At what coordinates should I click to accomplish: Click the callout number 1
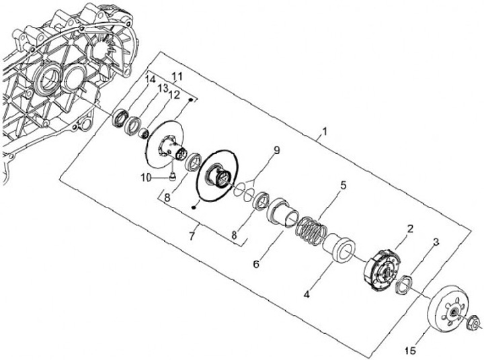point(324,132)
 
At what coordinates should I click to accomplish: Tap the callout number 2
point(410,229)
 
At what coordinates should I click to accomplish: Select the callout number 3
point(436,242)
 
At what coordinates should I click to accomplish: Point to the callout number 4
point(307,294)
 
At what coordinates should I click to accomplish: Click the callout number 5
point(344,185)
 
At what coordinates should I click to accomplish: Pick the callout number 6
point(256,264)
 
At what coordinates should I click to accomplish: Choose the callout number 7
point(192,236)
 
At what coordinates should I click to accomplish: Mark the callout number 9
point(276,150)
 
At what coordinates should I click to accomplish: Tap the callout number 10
point(147,178)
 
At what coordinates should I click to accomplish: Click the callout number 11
point(177,77)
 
